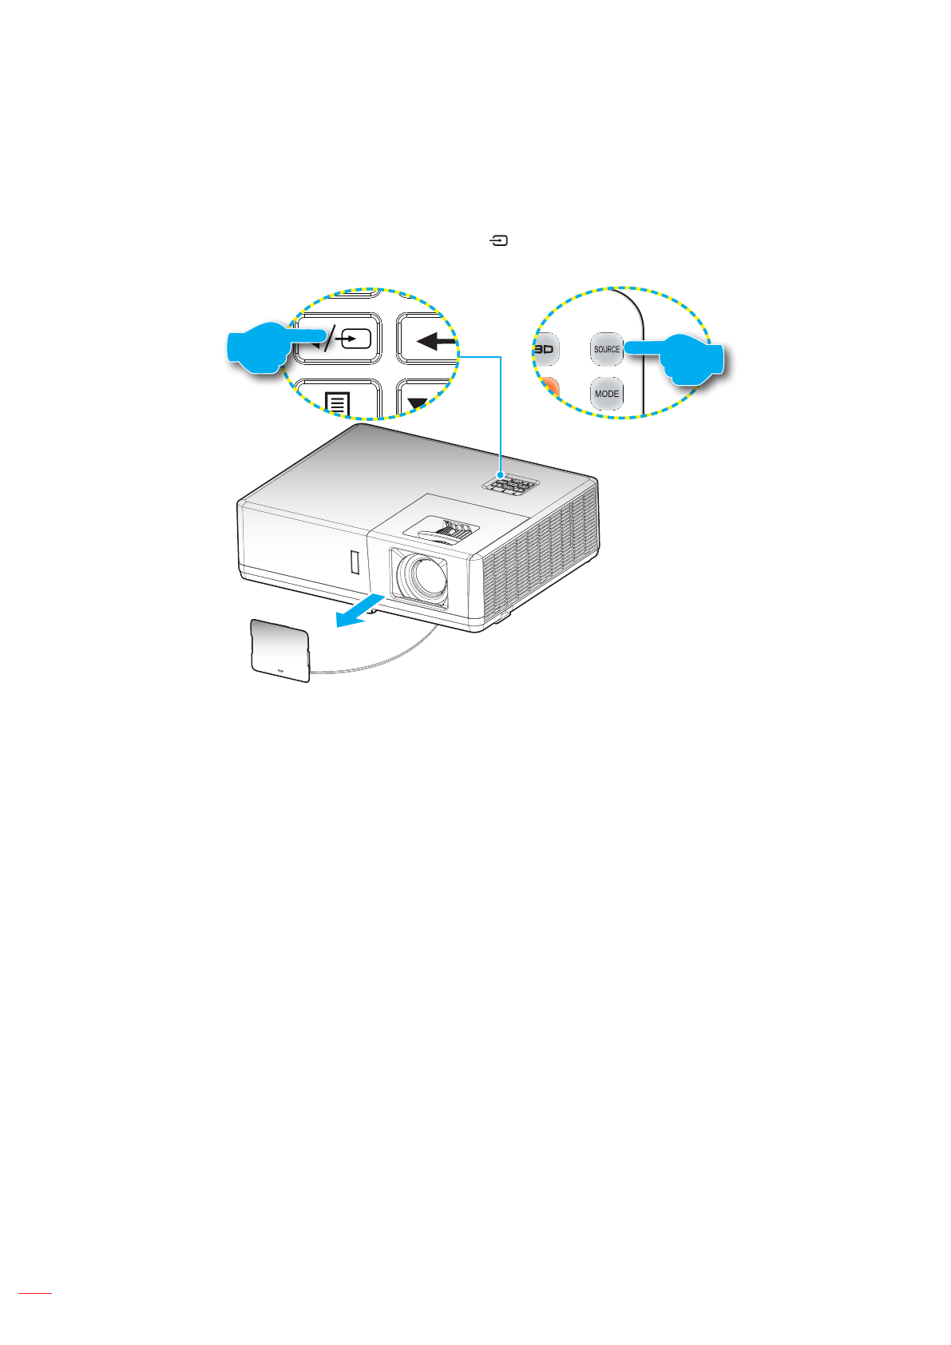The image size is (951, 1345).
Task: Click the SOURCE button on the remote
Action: pos(606,349)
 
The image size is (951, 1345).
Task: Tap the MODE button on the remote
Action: pos(606,394)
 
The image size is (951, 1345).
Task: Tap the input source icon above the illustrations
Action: pos(500,240)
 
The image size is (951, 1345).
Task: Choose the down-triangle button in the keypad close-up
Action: pos(421,401)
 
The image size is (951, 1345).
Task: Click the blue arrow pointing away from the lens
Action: pos(363,613)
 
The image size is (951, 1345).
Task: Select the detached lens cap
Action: pos(279,650)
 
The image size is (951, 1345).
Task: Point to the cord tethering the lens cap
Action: pos(383,659)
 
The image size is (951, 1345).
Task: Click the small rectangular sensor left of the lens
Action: pos(355,562)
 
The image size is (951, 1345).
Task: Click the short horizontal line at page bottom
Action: pos(34,1292)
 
